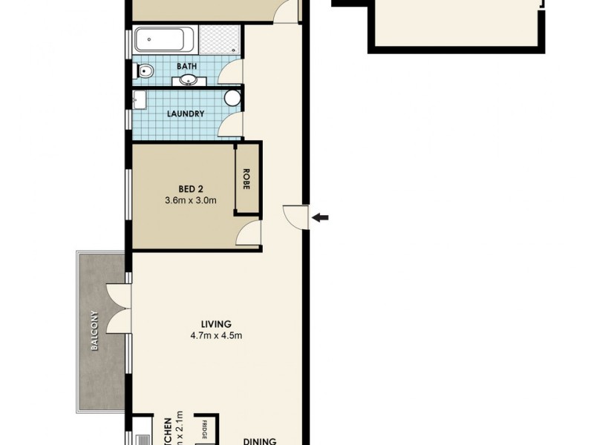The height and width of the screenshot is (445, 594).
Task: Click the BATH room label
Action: coord(186,67)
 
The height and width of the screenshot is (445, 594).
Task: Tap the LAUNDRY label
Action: coord(186,114)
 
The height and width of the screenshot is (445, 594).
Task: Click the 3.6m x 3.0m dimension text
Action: coord(191,200)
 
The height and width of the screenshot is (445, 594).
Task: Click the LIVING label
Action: coord(216,324)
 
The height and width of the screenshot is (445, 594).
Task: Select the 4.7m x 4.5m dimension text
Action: coord(216,336)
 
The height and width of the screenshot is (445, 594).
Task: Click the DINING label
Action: coord(260,441)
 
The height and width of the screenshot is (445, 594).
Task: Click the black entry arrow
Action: coord(321,217)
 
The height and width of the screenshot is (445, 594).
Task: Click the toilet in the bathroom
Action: coord(145,72)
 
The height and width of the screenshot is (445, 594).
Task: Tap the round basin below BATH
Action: coord(188,80)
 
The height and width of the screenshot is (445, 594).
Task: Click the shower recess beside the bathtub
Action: coord(218,40)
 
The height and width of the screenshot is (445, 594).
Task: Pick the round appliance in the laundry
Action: coord(232,99)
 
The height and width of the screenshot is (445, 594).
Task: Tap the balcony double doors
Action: coord(118,309)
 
